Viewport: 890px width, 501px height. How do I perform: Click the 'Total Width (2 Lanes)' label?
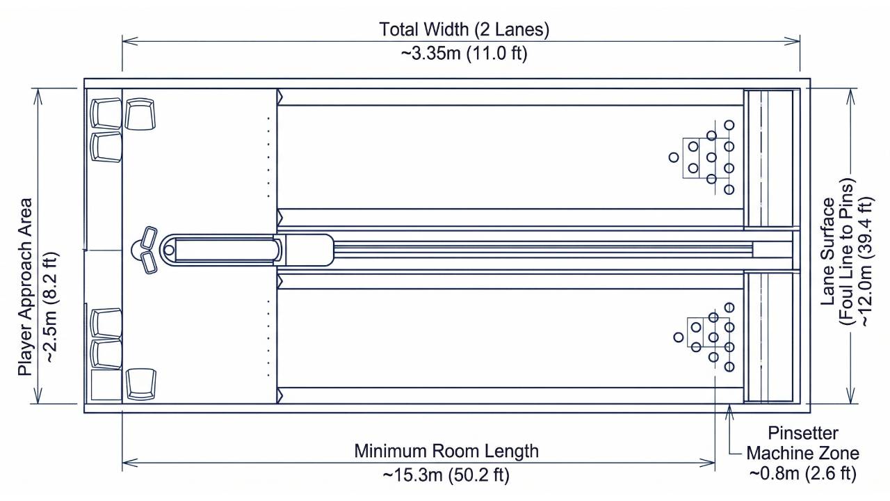tap(464, 30)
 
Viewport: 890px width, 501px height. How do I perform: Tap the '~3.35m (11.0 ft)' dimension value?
tap(464, 54)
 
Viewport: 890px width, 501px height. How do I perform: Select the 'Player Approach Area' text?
tap(26, 287)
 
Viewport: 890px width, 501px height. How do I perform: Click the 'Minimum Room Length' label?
tap(446, 451)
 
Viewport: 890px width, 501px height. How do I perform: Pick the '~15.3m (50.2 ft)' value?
tap(446, 475)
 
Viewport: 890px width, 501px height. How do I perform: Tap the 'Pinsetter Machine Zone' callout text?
tap(802, 443)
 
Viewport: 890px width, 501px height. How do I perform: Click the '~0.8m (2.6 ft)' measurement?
tap(802, 474)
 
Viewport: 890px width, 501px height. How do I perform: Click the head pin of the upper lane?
tap(674, 157)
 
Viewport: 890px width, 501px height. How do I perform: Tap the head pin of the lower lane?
tap(679, 337)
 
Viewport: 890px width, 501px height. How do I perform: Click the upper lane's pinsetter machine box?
tap(769, 159)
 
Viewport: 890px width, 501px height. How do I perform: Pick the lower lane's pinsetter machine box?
tap(769, 337)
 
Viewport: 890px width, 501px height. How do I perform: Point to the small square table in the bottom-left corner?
tap(106, 385)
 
